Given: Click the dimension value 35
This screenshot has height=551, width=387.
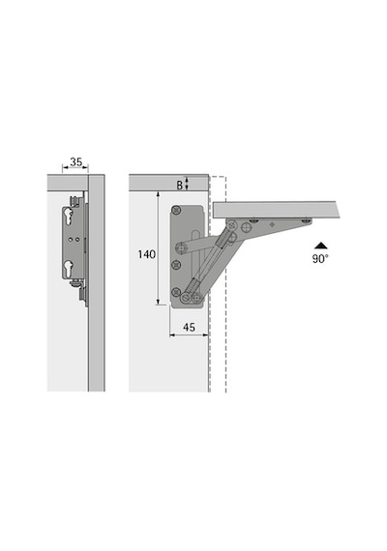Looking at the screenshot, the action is click(76, 162).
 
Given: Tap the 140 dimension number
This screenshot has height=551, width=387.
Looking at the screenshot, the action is click(146, 254).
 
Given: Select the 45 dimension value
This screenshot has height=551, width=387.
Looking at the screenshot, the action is click(189, 327).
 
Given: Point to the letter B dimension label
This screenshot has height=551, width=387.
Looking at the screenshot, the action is click(180, 185).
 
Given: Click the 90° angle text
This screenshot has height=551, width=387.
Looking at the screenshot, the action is click(320, 259).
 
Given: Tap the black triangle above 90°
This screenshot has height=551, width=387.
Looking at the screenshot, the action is click(321, 246).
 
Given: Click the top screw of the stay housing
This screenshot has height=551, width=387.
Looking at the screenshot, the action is click(176, 210).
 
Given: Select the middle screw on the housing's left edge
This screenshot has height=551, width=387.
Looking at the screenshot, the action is click(176, 265).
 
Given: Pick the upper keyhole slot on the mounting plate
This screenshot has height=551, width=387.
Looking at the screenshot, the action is click(68, 217).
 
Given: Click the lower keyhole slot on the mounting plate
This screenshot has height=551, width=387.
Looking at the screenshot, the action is click(68, 268).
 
